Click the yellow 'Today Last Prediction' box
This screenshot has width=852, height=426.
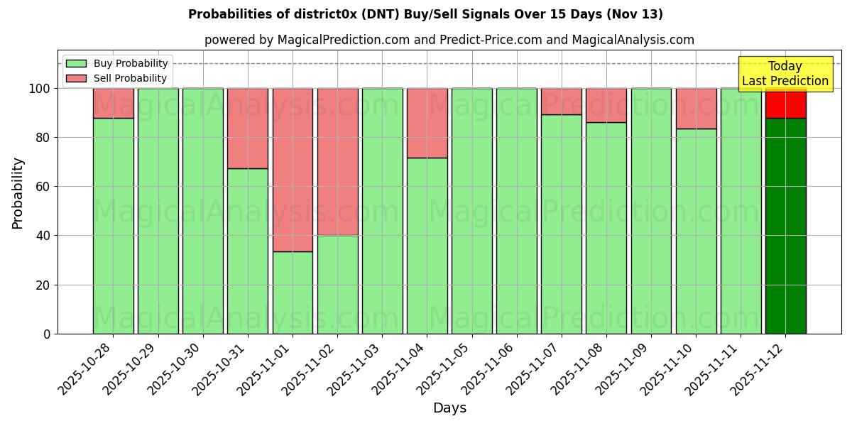tap(785, 74)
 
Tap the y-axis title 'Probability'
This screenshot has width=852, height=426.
tap(18, 192)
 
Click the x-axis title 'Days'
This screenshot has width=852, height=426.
tap(449, 408)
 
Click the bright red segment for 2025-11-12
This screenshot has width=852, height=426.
tap(785, 104)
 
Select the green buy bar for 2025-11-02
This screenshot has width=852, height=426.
tap(337, 284)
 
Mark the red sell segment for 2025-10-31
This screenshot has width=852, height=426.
tap(248, 129)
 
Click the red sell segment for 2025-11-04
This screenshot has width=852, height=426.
tap(427, 123)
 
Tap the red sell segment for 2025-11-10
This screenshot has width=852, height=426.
tap(696, 109)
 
